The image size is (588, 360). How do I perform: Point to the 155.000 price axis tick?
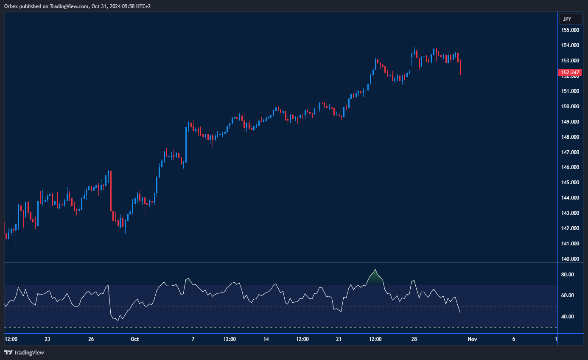[571, 30]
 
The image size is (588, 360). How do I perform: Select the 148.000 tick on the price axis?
[571, 137]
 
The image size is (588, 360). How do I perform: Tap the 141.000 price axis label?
[571, 244]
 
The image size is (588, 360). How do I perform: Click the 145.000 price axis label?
[571, 183]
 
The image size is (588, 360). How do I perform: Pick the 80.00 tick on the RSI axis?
[568, 275]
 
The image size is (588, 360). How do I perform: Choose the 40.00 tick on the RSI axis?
[568, 317]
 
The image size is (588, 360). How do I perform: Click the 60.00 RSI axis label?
[568, 295]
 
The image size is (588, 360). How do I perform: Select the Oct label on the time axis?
[134, 339]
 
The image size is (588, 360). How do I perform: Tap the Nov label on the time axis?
[472, 339]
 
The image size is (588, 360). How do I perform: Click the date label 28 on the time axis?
[414, 339]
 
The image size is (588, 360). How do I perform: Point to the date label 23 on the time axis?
[47, 339]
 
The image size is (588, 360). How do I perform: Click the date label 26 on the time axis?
[91, 339]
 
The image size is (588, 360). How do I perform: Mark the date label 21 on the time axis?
[339, 339]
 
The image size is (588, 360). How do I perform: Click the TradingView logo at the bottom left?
[24, 352]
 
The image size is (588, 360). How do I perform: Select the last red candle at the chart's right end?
[460, 67]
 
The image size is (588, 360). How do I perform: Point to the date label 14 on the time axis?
[266, 339]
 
